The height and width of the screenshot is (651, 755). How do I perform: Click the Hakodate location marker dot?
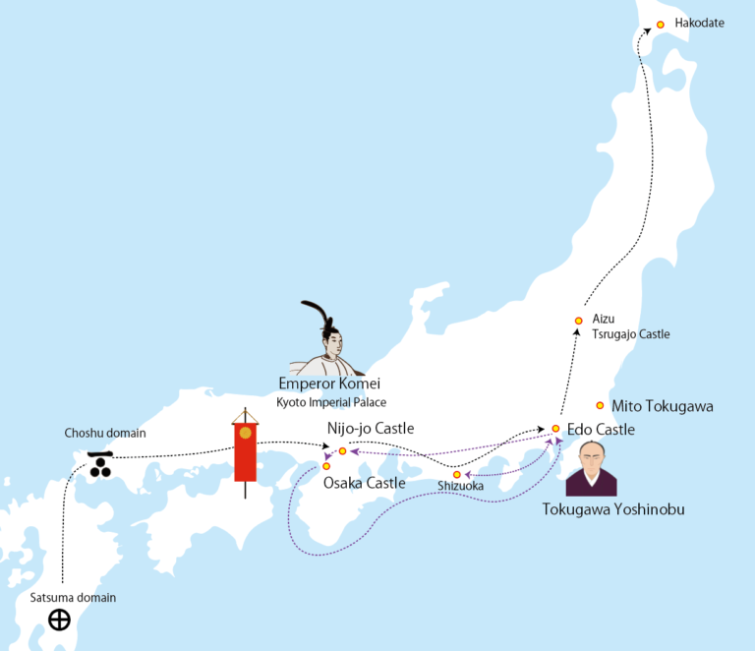coord(661,25)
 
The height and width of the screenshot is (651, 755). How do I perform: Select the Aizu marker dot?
coord(579,321)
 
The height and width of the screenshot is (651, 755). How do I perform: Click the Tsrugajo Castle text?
coord(630,334)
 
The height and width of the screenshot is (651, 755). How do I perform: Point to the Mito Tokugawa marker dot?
coord(600,405)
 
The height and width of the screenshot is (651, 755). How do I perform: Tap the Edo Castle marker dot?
coord(555,429)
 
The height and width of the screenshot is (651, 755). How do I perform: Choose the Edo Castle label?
coord(601,430)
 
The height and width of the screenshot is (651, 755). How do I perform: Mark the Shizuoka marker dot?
coord(456,475)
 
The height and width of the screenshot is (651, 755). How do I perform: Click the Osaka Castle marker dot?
coord(326,466)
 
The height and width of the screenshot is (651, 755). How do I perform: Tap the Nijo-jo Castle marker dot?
coord(342,451)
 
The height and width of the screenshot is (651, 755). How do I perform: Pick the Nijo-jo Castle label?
coord(370,429)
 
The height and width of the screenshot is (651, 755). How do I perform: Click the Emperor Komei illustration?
coord(329,339)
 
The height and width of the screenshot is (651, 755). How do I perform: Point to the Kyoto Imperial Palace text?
coord(330,402)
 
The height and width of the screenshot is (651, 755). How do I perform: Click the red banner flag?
coord(246,451)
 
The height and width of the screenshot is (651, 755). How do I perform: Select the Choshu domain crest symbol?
coord(99,464)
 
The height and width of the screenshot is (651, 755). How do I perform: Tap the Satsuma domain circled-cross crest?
coord(60,620)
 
